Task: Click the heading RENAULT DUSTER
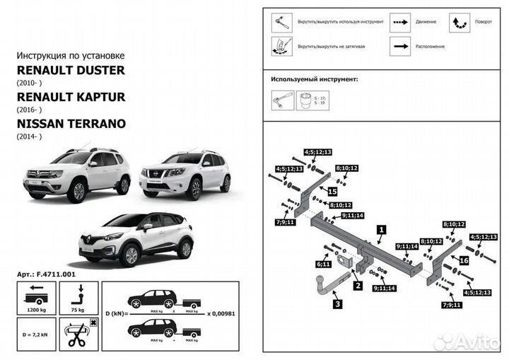pos(70,70)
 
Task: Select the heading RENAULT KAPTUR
pos(70,96)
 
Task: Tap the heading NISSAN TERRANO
pos(71,123)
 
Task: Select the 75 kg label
pos(78,310)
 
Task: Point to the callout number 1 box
pos(381,229)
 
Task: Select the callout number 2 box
pos(358,286)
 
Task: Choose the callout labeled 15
pos(332,192)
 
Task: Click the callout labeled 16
pos(464,260)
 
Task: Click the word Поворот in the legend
pos(484,21)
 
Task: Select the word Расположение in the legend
pos(430,46)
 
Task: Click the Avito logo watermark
pos(467,342)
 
